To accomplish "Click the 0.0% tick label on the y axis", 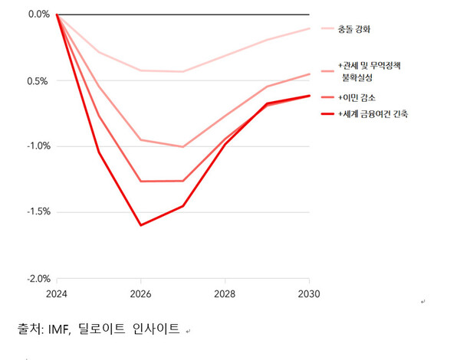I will point(38,14).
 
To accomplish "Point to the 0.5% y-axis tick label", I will point(38,80).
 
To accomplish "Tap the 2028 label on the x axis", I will point(225,293).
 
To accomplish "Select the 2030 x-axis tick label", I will point(309,293).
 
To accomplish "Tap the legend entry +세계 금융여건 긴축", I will point(374,114).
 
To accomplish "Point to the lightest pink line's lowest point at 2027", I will point(183,72).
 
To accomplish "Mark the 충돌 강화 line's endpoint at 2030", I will point(309,28).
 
